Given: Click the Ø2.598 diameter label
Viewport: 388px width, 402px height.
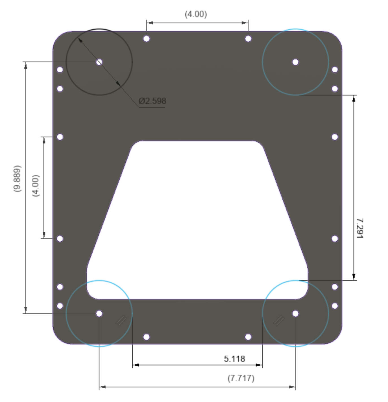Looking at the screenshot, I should (x=152, y=101).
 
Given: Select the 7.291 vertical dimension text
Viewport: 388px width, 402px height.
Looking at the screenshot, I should (x=359, y=228).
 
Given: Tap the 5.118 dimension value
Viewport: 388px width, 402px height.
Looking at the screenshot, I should (x=234, y=359).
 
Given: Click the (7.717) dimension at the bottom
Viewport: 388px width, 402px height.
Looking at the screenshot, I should (x=241, y=378).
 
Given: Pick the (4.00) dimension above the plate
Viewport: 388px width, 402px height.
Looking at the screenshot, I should (x=196, y=14).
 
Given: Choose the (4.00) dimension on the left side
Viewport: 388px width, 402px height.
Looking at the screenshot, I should (x=36, y=185).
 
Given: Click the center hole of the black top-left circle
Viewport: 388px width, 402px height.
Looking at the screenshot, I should (x=99, y=62).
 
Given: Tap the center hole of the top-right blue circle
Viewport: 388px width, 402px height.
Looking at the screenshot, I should (x=295, y=62).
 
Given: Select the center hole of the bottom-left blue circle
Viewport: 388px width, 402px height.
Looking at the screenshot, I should (x=99, y=313).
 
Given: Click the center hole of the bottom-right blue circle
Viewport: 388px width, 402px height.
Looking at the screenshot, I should (x=295, y=313).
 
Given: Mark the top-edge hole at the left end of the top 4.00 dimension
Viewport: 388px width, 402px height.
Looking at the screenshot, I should (x=146, y=38).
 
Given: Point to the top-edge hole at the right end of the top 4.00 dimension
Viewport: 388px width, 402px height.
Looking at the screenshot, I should (x=248, y=38).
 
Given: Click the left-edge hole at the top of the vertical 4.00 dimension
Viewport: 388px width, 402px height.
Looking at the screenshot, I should (x=60, y=137).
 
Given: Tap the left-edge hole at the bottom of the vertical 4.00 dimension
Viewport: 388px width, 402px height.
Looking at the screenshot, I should (x=60, y=239).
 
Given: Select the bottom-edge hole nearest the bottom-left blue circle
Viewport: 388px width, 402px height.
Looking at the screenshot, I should (x=146, y=337).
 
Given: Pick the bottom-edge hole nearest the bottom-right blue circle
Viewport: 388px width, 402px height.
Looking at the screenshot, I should (x=248, y=337).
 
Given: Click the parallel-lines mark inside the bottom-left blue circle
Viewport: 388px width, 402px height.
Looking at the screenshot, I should (x=121, y=320).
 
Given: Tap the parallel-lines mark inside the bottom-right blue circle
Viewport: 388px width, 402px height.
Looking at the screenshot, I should (x=279, y=320).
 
